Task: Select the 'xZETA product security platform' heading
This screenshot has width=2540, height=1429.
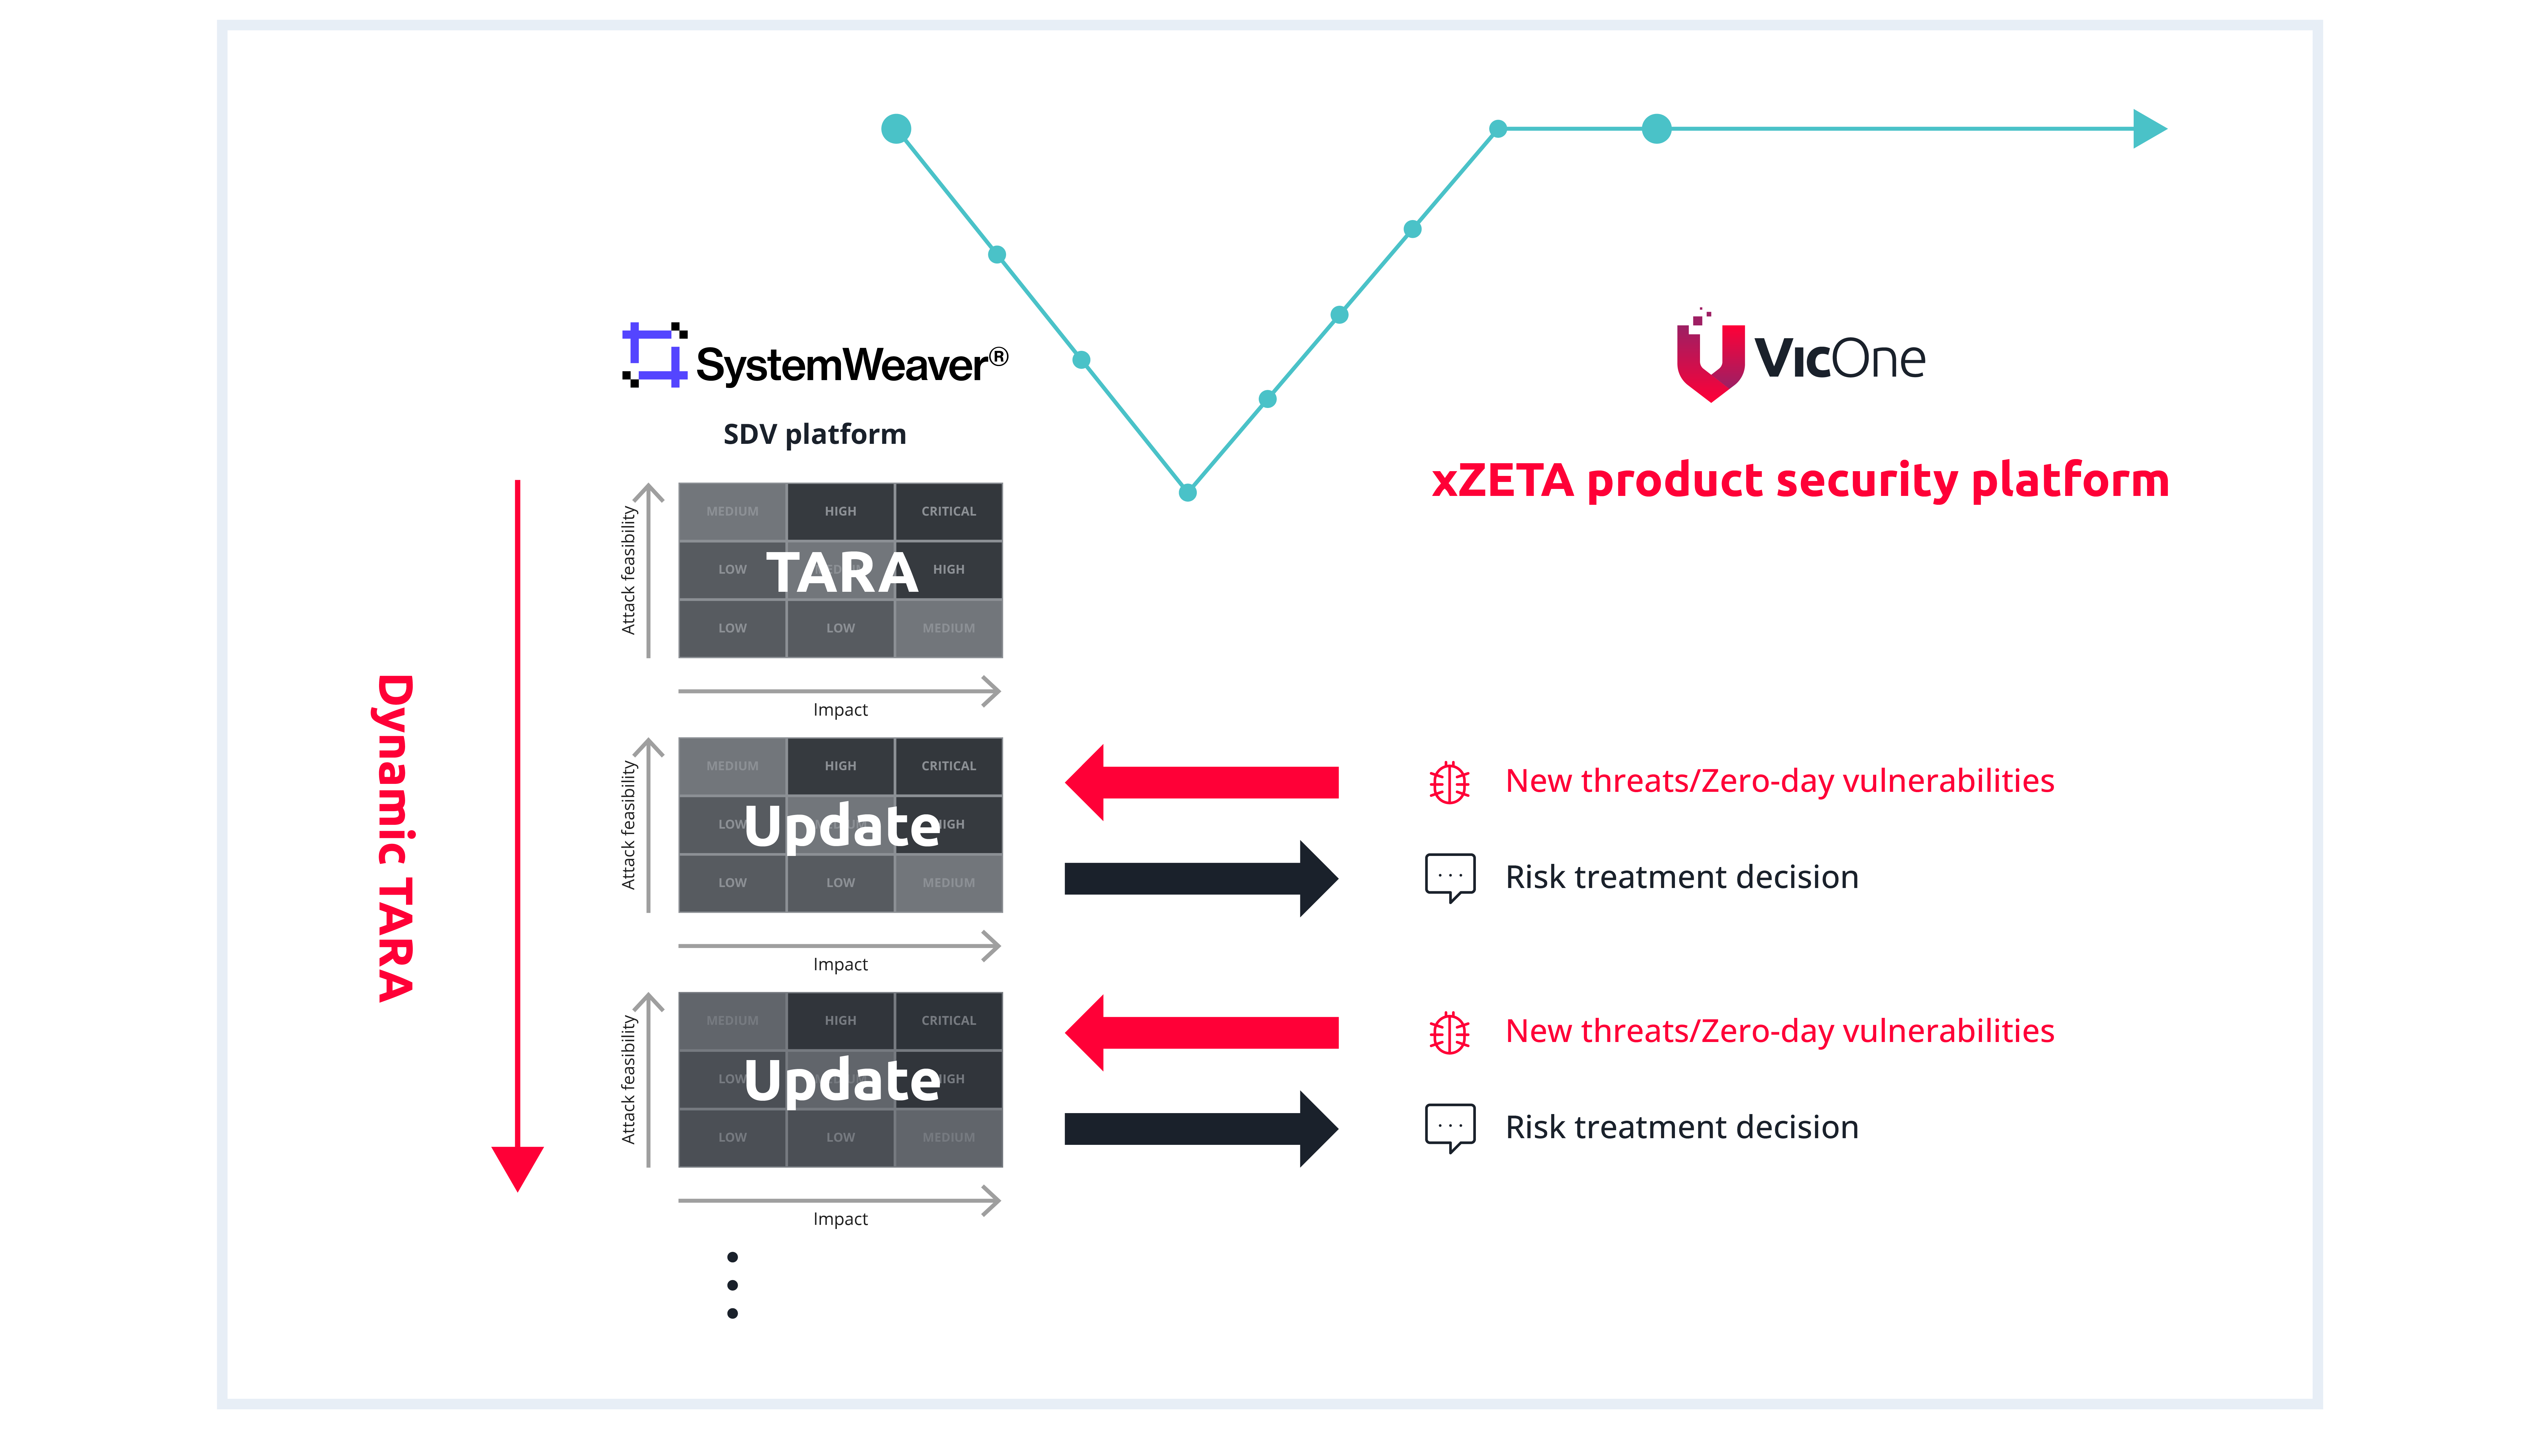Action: coord(1799,480)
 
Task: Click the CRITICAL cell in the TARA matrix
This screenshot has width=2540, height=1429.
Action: coord(949,511)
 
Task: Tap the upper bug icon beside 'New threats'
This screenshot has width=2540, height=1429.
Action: coord(1450,782)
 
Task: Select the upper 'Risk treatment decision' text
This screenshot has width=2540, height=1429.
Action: coord(1681,877)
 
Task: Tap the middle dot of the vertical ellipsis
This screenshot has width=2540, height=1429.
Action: coord(733,1285)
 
